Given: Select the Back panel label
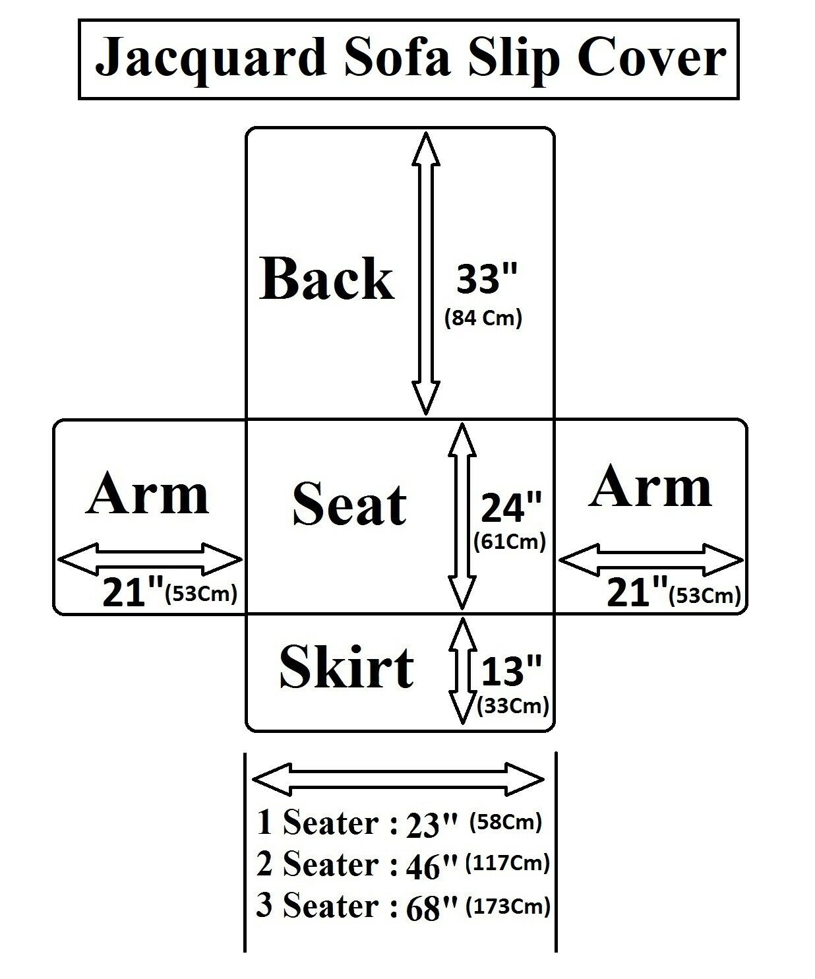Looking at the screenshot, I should [x=327, y=279].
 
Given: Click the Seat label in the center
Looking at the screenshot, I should [x=349, y=505].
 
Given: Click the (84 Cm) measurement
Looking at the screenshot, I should [x=483, y=319].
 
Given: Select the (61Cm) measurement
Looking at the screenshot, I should [x=510, y=542].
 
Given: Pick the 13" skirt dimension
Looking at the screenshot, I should [x=511, y=672].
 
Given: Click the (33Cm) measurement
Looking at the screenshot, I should [x=512, y=706].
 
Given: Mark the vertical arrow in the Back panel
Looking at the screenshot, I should [x=426, y=273].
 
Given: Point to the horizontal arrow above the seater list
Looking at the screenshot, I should [x=398, y=780].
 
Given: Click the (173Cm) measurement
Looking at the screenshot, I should [x=508, y=906].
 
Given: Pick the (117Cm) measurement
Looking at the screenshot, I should [x=508, y=863].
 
